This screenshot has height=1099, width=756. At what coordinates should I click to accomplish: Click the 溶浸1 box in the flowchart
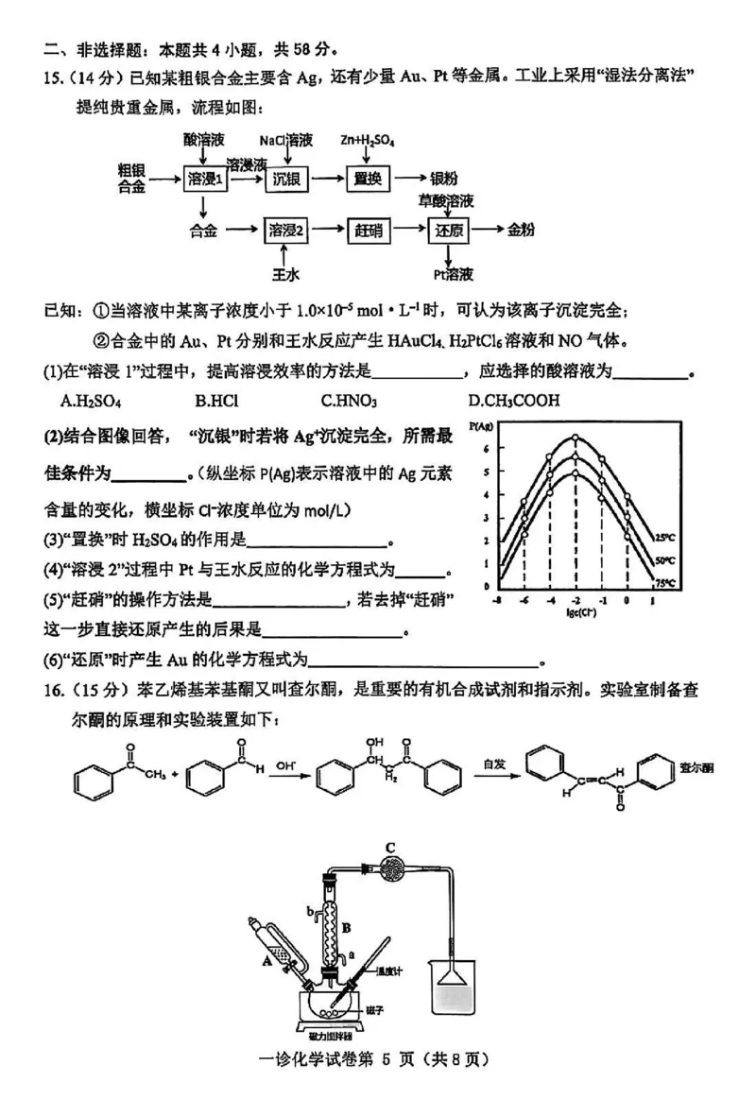[206, 180]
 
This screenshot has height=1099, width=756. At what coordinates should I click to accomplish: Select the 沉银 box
[286, 180]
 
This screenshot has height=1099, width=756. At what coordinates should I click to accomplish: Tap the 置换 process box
[368, 180]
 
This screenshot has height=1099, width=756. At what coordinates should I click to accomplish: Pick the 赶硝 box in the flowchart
[368, 230]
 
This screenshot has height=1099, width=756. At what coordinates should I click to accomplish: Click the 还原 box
[448, 230]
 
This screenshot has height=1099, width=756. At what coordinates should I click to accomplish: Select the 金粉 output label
[521, 230]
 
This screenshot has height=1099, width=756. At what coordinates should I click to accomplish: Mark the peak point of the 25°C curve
[575, 438]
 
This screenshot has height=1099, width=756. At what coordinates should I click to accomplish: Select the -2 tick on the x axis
[575, 602]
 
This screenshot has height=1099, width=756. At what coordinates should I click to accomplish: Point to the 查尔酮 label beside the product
[697, 768]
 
